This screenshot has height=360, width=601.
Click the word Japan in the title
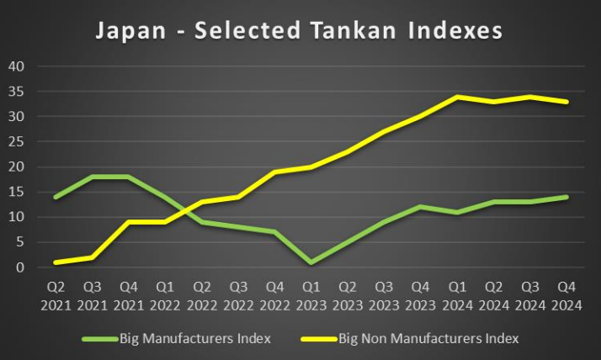pyautogui.click(x=125, y=31)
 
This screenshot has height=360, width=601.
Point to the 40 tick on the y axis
pyautogui.click(x=17, y=66)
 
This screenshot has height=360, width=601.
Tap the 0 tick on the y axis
pyautogui.click(x=21, y=267)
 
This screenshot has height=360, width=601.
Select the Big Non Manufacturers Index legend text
pyautogui.click(x=428, y=339)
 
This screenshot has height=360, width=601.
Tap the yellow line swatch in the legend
pyautogui.click(x=318, y=340)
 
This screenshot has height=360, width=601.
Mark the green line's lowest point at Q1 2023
pyautogui.click(x=311, y=262)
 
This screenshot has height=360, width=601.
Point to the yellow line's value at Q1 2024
pyautogui.click(x=457, y=97)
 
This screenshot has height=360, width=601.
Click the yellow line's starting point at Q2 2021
pyautogui.click(x=56, y=262)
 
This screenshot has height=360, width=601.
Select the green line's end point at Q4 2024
pyautogui.click(x=566, y=197)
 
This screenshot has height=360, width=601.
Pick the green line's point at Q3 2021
pyautogui.click(x=93, y=177)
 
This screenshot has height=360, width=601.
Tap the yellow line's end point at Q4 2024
pyautogui.click(x=566, y=102)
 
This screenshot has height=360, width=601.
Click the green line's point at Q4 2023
pyautogui.click(x=421, y=207)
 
